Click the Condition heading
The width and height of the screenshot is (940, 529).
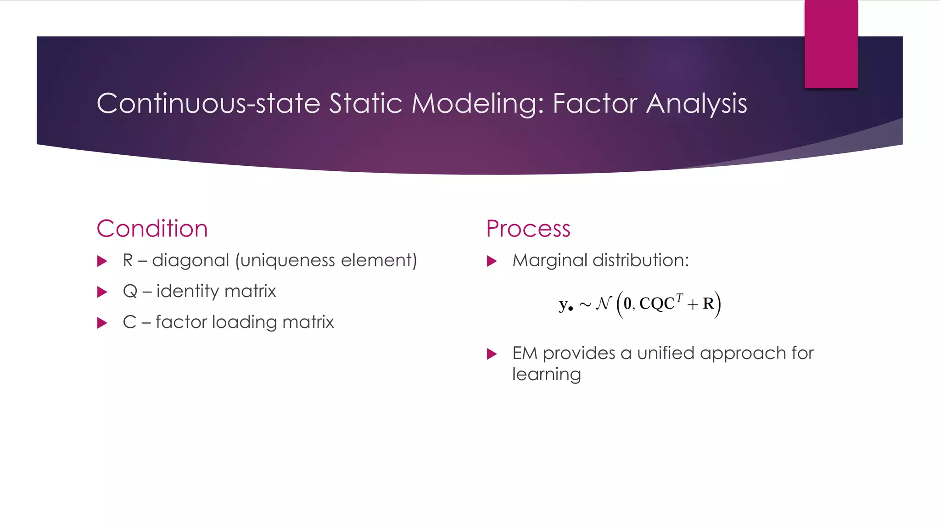point(152,229)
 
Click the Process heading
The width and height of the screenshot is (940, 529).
point(528,229)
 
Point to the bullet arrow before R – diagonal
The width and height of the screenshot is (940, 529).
point(102,262)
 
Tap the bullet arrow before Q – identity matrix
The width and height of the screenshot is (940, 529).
point(102,292)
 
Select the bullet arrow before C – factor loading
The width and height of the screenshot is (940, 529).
point(102,323)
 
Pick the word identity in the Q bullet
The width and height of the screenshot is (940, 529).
point(188,292)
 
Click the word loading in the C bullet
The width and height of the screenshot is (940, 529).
point(244,322)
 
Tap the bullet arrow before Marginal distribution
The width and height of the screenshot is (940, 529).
point(492,262)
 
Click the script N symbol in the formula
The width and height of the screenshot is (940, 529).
point(603,304)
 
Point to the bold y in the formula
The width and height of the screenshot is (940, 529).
point(564,304)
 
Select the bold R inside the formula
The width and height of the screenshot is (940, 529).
point(708,304)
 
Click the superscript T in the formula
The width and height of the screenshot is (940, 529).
point(679,298)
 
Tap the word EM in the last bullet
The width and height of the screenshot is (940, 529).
point(524,353)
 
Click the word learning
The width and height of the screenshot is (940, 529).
point(546,375)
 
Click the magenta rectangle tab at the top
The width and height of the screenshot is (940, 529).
point(831,44)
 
